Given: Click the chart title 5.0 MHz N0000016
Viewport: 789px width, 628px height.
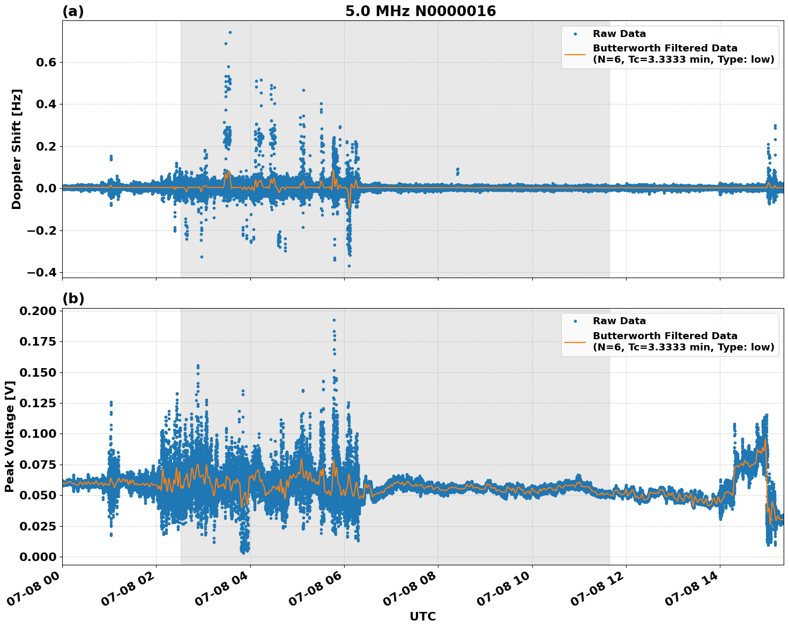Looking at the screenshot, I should click(420, 11).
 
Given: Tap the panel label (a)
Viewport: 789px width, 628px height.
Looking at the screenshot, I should click(73, 11).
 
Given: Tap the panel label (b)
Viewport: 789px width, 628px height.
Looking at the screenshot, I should click(73, 298).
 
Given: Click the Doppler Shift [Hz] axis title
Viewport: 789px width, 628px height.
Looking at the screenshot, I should click(17, 149).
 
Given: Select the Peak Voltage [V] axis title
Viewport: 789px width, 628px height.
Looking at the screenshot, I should click(10, 436).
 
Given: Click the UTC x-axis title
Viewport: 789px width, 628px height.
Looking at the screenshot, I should click(422, 616).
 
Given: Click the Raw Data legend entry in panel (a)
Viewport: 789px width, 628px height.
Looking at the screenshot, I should click(619, 34).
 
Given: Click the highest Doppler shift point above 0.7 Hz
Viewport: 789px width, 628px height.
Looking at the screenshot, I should click(230, 32).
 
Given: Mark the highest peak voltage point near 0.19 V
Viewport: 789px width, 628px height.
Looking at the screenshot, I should click(334, 320).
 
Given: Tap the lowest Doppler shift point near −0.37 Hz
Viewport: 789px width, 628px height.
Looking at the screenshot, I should click(349, 266).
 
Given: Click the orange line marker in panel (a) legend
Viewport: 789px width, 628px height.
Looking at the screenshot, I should click(575, 54).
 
